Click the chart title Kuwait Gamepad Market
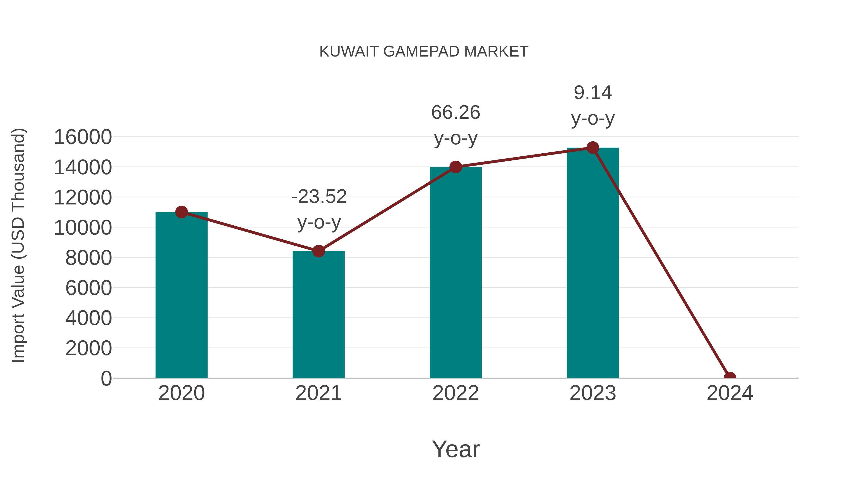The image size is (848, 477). pos(424,52)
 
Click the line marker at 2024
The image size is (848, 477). pos(730,377)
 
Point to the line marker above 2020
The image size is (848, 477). pos(181,212)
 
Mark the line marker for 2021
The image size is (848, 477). pos(318,251)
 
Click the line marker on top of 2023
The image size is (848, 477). pos(593,148)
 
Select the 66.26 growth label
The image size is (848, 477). pos(456,113)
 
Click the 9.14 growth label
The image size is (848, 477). pos(593,93)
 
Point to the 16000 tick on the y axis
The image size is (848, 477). pos(83,137)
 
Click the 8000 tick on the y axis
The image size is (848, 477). pos(89,258)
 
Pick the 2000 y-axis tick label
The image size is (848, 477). pos(89,348)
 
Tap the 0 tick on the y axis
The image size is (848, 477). pos(106,379)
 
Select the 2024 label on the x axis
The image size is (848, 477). pos(730,393)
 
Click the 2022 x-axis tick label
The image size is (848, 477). pos(456,393)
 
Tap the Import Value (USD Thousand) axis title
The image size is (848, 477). pos(18,245)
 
